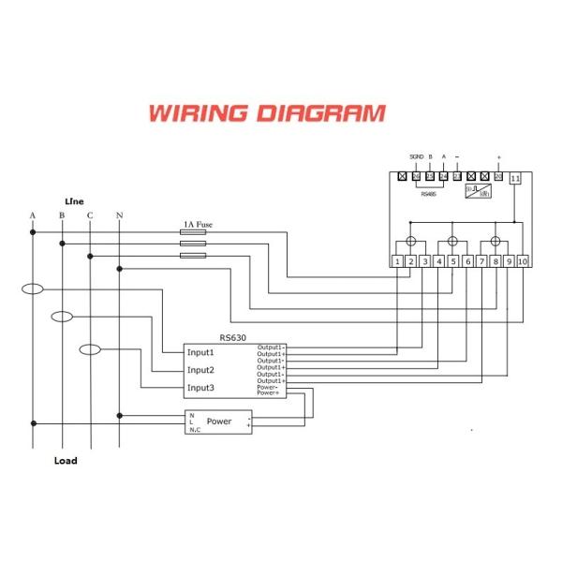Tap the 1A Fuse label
coord(199,226)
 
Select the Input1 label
coord(201,353)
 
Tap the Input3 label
coord(201,387)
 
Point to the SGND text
coord(416,156)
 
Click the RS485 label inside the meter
coord(428,196)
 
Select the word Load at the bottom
coord(65,461)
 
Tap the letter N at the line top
coord(118,216)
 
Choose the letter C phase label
coord(90,216)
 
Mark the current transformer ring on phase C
coord(90,350)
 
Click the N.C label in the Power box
coord(193,431)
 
